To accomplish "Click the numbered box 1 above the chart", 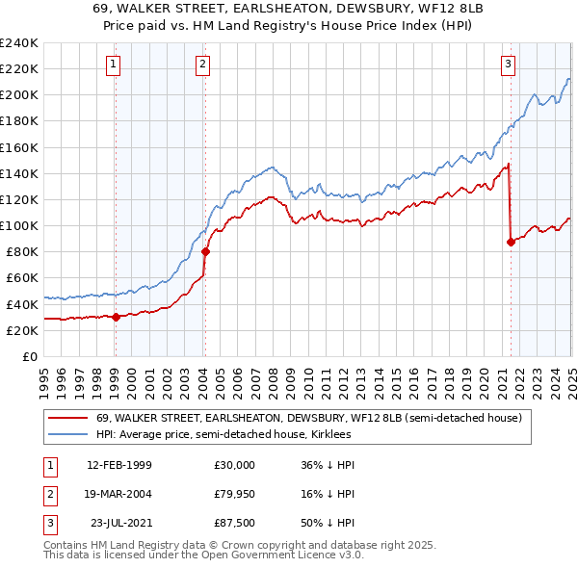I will (114, 65).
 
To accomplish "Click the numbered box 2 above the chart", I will (203, 65).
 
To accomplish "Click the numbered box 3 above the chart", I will (508, 65).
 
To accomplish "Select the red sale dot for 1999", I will (116, 316).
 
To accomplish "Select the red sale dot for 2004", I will (205, 251).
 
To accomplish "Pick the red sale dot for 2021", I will (511, 242).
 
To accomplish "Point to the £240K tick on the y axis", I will (18, 43).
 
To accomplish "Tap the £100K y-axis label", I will (18, 225).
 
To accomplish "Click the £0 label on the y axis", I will (29, 356).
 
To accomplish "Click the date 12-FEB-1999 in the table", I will (118, 464).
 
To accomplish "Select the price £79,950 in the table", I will (235, 495).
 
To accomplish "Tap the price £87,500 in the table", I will (235, 526).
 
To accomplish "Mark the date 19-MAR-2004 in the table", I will (118, 495).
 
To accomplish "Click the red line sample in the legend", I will (67, 418).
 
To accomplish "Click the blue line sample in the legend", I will (67, 434).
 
